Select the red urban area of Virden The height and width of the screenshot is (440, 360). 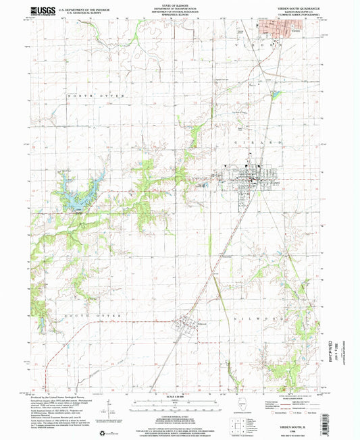click(x=278, y=29)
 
